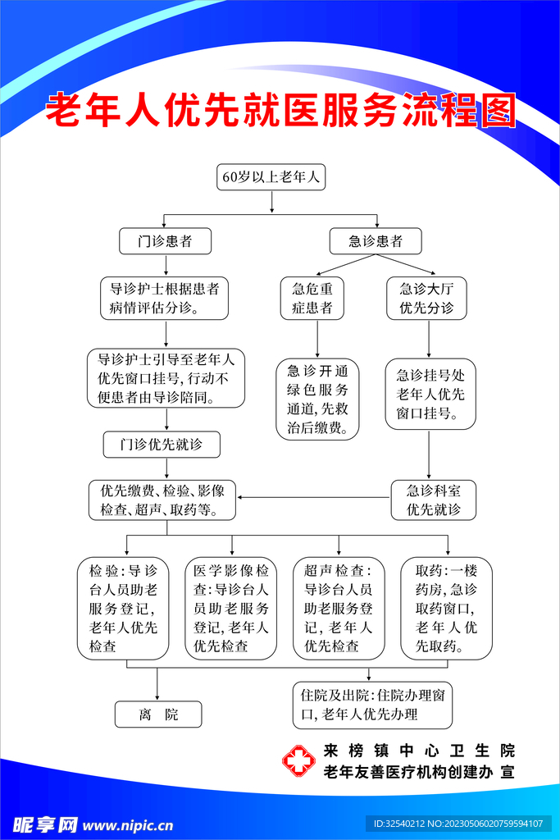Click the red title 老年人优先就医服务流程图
coord(280,111)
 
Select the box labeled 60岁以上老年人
coord(271,177)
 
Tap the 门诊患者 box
coord(166,241)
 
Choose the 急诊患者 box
coord(376,241)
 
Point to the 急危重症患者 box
coord(312,299)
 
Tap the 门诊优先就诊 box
coord(162,445)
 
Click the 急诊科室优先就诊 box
coord(434,500)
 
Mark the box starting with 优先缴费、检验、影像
coord(162,500)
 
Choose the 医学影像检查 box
coord(232,608)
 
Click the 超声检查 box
coord(339,608)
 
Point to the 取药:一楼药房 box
coord(447,608)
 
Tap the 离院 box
coord(158,714)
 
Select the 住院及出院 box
coord(372,705)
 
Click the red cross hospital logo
coord(298,760)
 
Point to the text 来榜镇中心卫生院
coord(419,750)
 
